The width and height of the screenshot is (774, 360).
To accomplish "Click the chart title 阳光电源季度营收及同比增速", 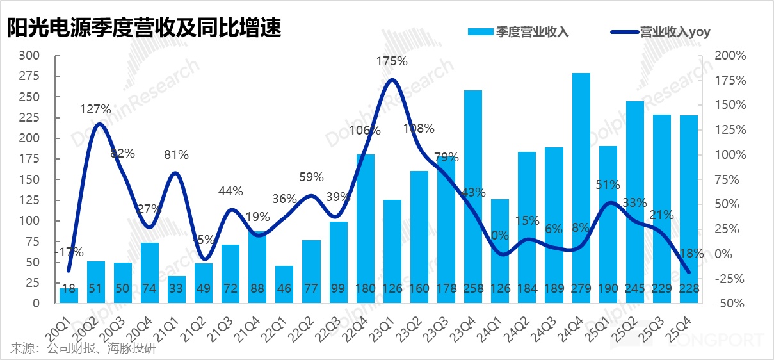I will tap(145, 29).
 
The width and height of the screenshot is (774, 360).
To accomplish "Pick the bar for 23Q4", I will tap(473, 192).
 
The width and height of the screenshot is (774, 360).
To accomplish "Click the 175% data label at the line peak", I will tap(392, 62).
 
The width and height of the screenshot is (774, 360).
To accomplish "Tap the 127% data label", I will tap(95, 110).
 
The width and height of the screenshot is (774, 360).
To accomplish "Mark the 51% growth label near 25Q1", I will tap(608, 185).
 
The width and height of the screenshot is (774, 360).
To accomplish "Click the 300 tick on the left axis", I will tap(31, 56).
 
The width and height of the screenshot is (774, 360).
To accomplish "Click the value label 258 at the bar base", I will tap(473, 290).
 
